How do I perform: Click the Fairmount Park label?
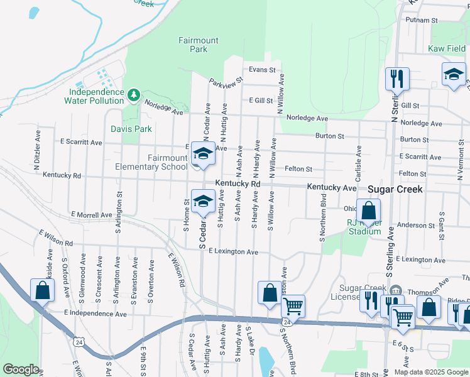[198, 45]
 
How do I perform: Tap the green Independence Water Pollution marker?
[133, 95]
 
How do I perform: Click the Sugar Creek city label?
[395, 188]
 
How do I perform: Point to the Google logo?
[21, 369]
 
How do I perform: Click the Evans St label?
[262, 70]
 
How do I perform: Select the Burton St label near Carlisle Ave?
[329, 136]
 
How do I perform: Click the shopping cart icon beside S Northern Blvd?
[293, 306]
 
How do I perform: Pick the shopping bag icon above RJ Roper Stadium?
[369, 210]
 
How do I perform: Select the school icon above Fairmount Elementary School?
[203, 153]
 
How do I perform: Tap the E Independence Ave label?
[95, 313]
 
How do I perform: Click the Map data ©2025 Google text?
[431, 371]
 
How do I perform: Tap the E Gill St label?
[260, 101]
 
